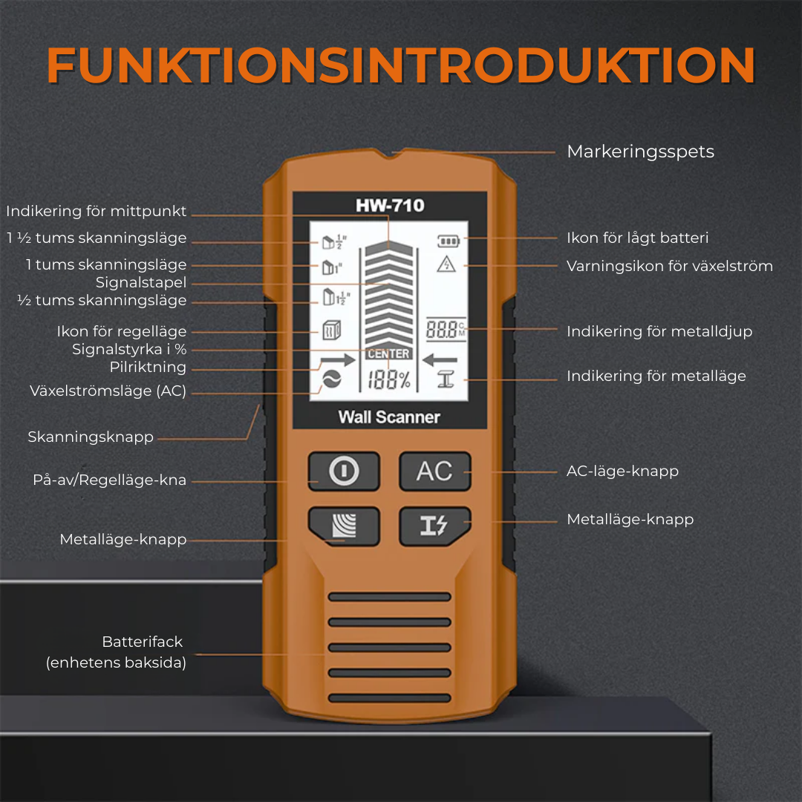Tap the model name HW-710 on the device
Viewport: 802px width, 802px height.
(x=390, y=205)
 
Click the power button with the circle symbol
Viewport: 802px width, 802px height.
(x=344, y=472)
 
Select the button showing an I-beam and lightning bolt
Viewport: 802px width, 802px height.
(x=434, y=526)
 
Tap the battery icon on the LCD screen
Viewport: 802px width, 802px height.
(x=448, y=241)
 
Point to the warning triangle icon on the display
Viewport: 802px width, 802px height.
(x=446, y=264)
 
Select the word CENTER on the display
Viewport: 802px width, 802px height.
(x=389, y=355)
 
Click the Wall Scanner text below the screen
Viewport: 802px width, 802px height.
(x=389, y=417)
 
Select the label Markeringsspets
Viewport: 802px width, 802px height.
(x=640, y=151)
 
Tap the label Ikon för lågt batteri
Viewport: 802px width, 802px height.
(x=637, y=238)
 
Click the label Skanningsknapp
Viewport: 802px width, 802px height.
(x=91, y=437)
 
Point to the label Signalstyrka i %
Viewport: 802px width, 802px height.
(x=129, y=350)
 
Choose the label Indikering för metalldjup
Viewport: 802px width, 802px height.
(x=659, y=331)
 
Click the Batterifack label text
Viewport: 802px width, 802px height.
(x=142, y=642)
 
